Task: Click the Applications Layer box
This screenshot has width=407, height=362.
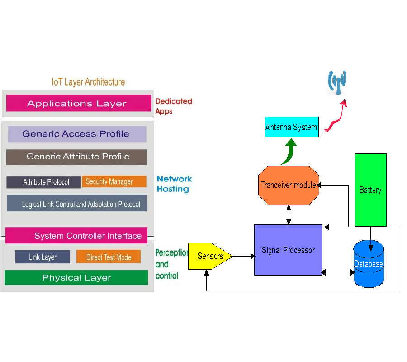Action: (79, 103)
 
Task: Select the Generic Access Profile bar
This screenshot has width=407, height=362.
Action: (77, 134)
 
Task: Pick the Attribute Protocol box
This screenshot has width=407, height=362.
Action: (43, 182)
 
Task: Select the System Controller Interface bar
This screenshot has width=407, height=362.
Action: (76, 236)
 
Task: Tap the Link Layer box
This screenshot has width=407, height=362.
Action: (43, 257)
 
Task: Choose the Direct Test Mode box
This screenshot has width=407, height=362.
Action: (109, 257)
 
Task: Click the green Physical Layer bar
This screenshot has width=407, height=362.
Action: (76, 277)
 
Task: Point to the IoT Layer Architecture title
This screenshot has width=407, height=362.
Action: (88, 82)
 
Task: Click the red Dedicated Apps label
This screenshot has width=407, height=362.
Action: (174, 106)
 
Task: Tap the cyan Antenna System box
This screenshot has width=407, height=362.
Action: (291, 127)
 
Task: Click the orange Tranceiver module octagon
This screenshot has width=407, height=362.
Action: (289, 185)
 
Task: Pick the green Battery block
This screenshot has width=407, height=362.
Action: (370, 190)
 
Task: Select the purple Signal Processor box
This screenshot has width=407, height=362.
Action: (288, 250)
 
